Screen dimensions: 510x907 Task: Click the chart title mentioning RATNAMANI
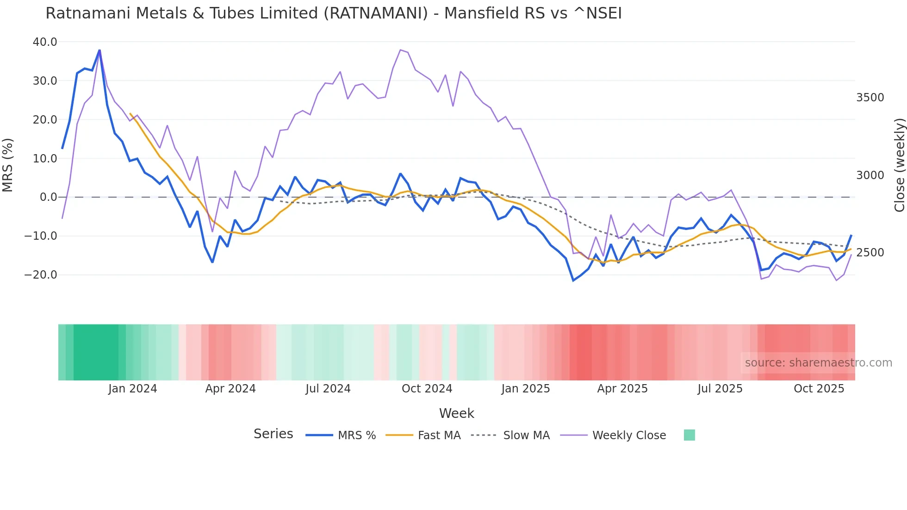tap(333, 13)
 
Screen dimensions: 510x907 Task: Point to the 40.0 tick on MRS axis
tap(45, 42)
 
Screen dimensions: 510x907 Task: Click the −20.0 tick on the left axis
tap(41, 275)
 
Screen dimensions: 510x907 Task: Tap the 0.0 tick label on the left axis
tap(49, 197)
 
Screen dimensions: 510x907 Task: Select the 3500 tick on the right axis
tap(870, 98)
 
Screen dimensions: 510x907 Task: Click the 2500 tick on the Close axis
tap(870, 253)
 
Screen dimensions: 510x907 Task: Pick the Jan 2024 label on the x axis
tap(132, 389)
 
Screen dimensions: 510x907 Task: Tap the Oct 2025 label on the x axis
tap(819, 389)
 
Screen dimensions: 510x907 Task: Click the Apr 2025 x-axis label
tap(622, 389)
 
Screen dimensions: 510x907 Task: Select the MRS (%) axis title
tap(8, 165)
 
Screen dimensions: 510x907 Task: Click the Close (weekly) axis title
tap(899, 165)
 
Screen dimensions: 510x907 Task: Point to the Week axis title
tap(456, 413)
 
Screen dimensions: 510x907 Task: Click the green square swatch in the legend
tap(689, 435)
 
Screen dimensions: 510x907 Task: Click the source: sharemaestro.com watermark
tap(818, 363)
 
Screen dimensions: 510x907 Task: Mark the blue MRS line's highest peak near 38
tap(99, 50)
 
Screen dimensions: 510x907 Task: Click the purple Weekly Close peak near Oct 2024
tap(400, 50)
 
